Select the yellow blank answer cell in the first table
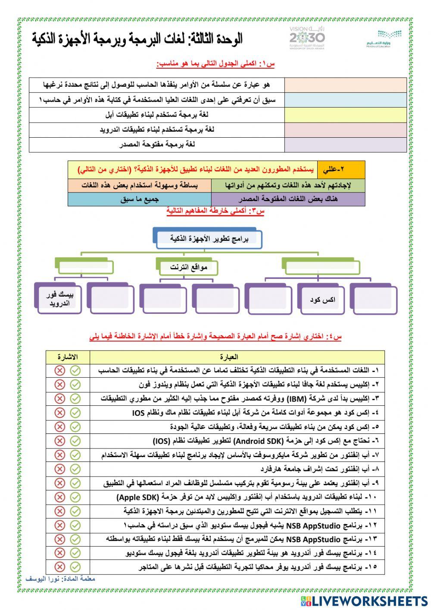point(345,115)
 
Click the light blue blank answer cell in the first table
point(345,100)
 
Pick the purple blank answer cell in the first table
point(345,145)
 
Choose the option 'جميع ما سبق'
point(139,199)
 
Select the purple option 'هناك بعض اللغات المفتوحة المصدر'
point(288,199)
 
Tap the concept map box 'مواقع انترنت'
point(188,267)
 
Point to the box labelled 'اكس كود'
point(322,300)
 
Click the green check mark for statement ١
point(75,370)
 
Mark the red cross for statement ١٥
point(60,567)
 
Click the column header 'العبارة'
point(228,357)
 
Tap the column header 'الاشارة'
point(68,357)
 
